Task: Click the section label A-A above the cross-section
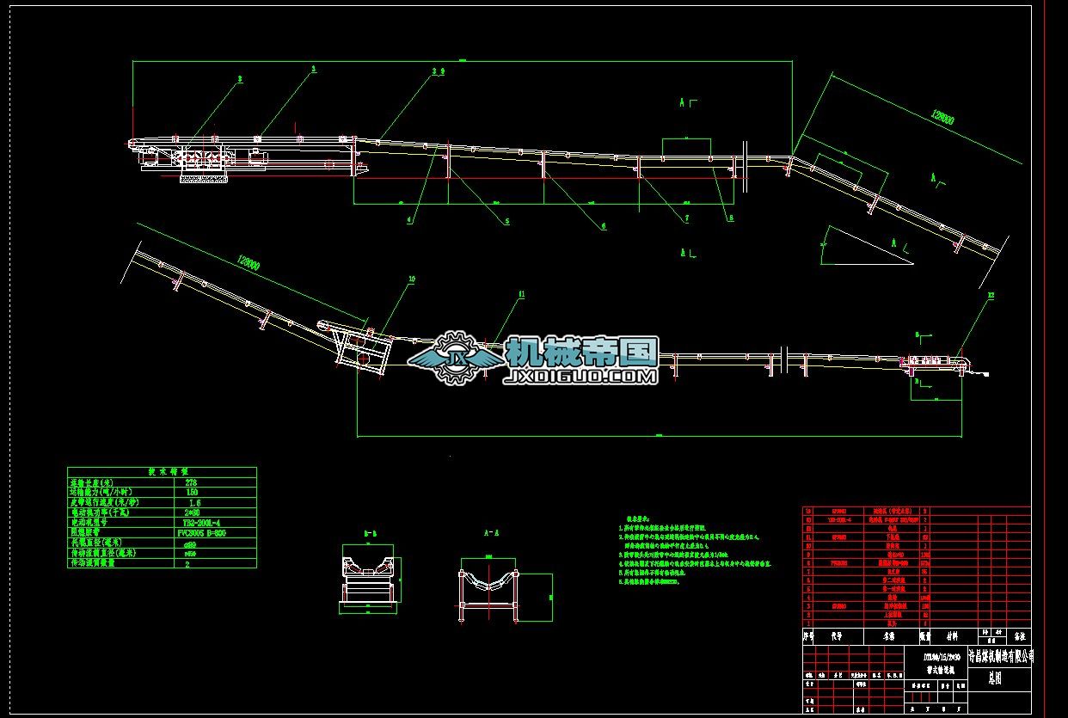click(x=487, y=533)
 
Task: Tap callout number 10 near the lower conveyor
click(x=411, y=279)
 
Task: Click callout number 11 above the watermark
click(x=519, y=294)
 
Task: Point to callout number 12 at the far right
click(x=991, y=296)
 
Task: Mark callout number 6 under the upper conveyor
click(x=604, y=226)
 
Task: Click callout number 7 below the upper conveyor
click(x=686, y=219)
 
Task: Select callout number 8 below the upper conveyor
click(x=731, y=219)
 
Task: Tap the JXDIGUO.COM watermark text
click(x=582, y=376)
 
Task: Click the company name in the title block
click(x=1000, y=657)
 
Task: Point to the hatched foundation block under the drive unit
click(x=203, y=180)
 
